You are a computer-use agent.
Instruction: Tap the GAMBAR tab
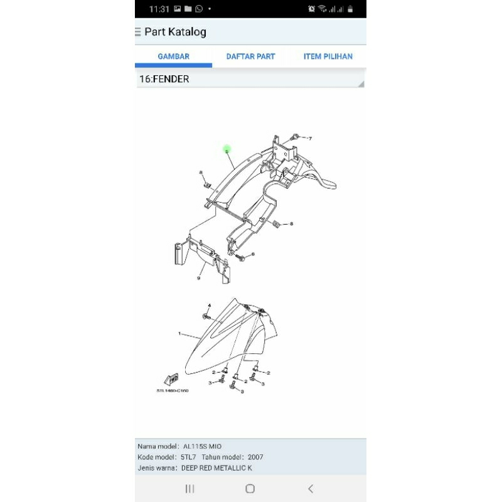tap(173, 56)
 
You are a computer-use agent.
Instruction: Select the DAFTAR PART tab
tap(250, 56)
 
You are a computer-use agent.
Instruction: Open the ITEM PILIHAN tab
tap(328, 56)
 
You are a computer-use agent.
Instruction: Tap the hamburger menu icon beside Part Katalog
tap(138, 32)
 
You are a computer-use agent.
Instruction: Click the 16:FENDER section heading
tap(164, 80)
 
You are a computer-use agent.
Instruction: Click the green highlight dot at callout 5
tap(227, 149)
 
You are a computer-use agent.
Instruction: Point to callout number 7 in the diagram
tap(310, 138)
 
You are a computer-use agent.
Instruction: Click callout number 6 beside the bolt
tap(253, 254)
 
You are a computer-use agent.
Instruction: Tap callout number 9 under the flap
tap(198, 278)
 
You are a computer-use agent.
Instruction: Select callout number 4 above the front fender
tap(210, 306)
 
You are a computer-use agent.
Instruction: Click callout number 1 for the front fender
tap(179, 334)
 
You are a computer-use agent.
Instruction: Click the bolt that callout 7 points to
tap(295, 137)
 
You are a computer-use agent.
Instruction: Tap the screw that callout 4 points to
tap(208, 316)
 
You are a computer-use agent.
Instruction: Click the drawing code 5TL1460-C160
tap(173, 390)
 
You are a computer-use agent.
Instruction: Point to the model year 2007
tap(255, 457)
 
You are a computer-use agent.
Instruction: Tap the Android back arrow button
tap(310, 489)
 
